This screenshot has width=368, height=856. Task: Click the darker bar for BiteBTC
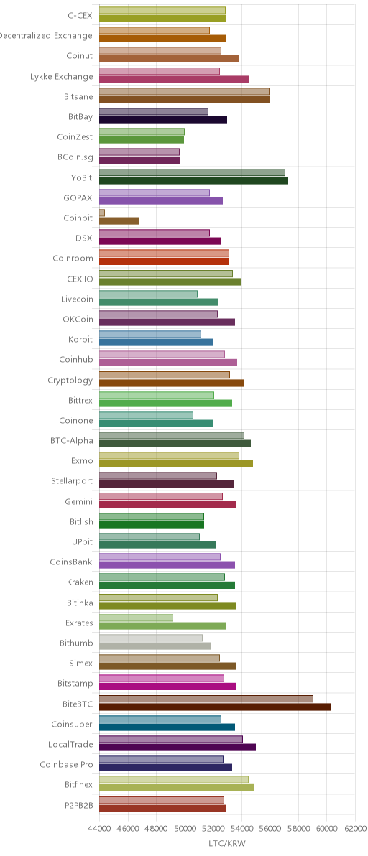[215, 707]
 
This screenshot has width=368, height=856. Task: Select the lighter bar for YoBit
[192, 172]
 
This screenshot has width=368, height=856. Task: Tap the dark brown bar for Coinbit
[119, 220]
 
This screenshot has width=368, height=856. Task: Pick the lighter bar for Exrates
[136, 618]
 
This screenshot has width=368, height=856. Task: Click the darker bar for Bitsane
[184, 99]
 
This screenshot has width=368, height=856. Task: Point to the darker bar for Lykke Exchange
[174, 79]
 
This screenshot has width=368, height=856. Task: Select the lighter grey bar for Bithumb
[151, 638]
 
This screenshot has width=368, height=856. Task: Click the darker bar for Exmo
[176, 463]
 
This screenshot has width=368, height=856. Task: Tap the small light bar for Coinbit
[102, 213]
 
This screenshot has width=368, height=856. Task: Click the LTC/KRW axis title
[227, 843]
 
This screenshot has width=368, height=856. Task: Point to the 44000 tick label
[99, 829]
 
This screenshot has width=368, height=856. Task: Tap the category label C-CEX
[80, 16]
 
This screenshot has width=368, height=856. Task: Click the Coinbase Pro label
[67, 764]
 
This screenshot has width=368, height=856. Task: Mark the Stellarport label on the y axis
[72, 481]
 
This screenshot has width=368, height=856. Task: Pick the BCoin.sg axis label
[75, 157]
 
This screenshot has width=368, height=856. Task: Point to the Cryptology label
[70, 381]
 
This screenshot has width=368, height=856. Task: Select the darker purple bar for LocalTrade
[178, 748]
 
